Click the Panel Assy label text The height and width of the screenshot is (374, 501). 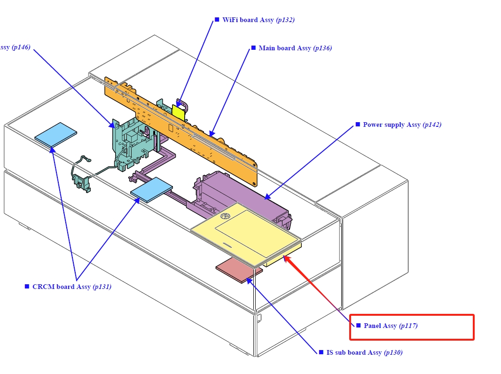(x=380, y=326)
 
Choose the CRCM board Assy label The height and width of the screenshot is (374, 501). (x=62, y=287)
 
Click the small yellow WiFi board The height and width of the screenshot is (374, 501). (x=178, y=112)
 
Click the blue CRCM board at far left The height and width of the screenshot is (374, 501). (x=55, y=134)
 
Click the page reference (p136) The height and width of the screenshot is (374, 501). (x=322, y=48)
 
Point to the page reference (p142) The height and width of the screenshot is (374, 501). (x=432, y=125)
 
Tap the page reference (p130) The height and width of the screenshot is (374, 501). (x=393, y=352)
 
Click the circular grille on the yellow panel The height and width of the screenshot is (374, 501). (x=225, y=216)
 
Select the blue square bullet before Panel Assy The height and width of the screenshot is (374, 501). (x=359, y=325)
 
